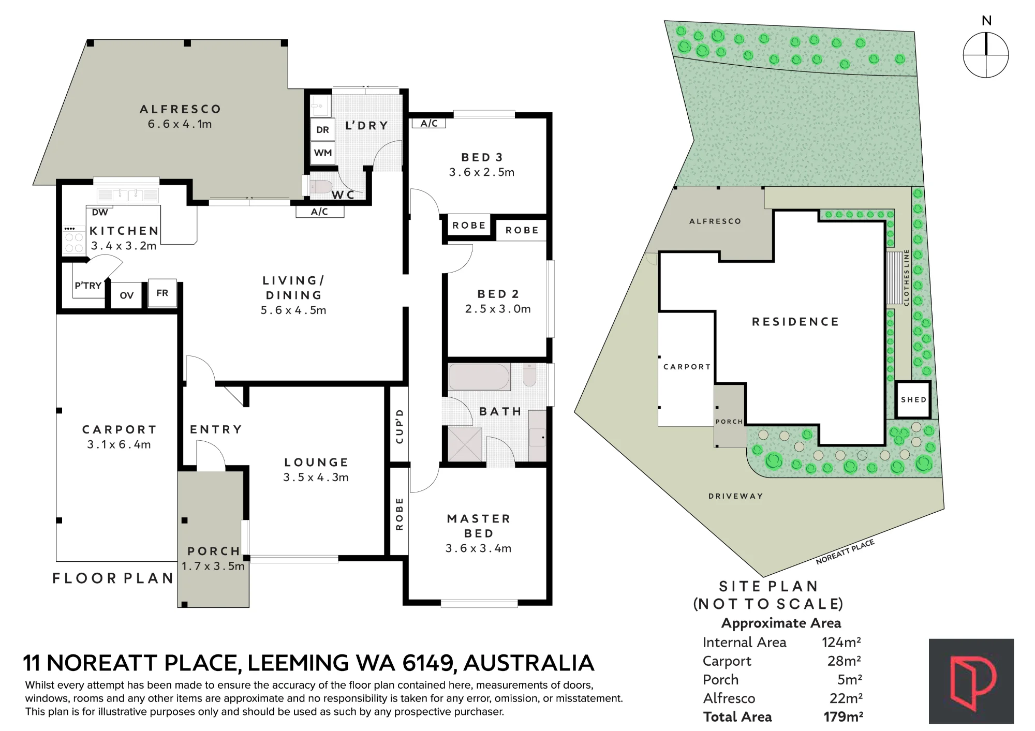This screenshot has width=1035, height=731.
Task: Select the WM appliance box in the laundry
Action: click(x=323, y=153)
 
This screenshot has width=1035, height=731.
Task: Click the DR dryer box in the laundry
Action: click(x=323, y=130)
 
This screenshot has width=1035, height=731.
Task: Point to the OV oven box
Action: click(x=127, y=295)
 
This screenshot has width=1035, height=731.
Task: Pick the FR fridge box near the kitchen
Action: click(x=162, y=293)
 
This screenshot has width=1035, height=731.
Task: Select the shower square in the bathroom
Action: click(x=466, y=444)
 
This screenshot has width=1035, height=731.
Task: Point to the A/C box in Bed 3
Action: click(x=429, y=123)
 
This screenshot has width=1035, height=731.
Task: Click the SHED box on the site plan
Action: click(x=913, y=400)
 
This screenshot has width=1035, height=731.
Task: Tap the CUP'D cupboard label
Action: click(x=399, y=426)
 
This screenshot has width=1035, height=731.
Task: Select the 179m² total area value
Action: click(x=843, y=717)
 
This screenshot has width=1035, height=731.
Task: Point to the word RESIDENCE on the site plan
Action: click(x=795, y=322)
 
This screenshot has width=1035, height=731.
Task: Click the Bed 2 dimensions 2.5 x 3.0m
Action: click(x=498, y=309)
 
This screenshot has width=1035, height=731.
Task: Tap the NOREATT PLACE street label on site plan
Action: click(x=845, y=551)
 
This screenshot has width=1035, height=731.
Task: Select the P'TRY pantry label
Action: click(x=88, y=286)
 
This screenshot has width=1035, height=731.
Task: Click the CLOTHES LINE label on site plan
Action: click(x=907, y=278)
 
